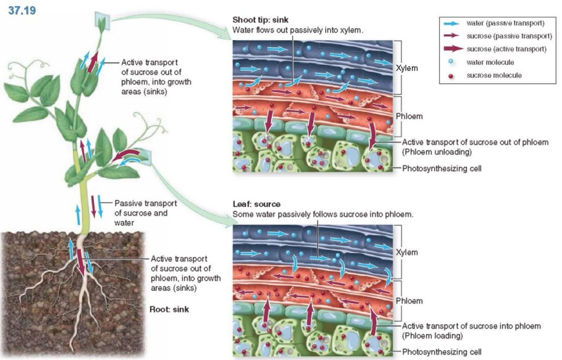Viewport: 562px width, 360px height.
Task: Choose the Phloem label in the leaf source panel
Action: pyautogui.click(x=409, y=301)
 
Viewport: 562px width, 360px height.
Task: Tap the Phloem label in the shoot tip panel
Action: pyautogui.click(x=409, y=115)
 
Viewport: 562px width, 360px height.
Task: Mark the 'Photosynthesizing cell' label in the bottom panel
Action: pyautogui.click(x=442, y=351)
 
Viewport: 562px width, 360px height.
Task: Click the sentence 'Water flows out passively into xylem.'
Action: pyautogui.click(x=298, y=30)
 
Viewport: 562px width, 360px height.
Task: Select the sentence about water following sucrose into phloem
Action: pyautogui.click(x=323, y=214)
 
